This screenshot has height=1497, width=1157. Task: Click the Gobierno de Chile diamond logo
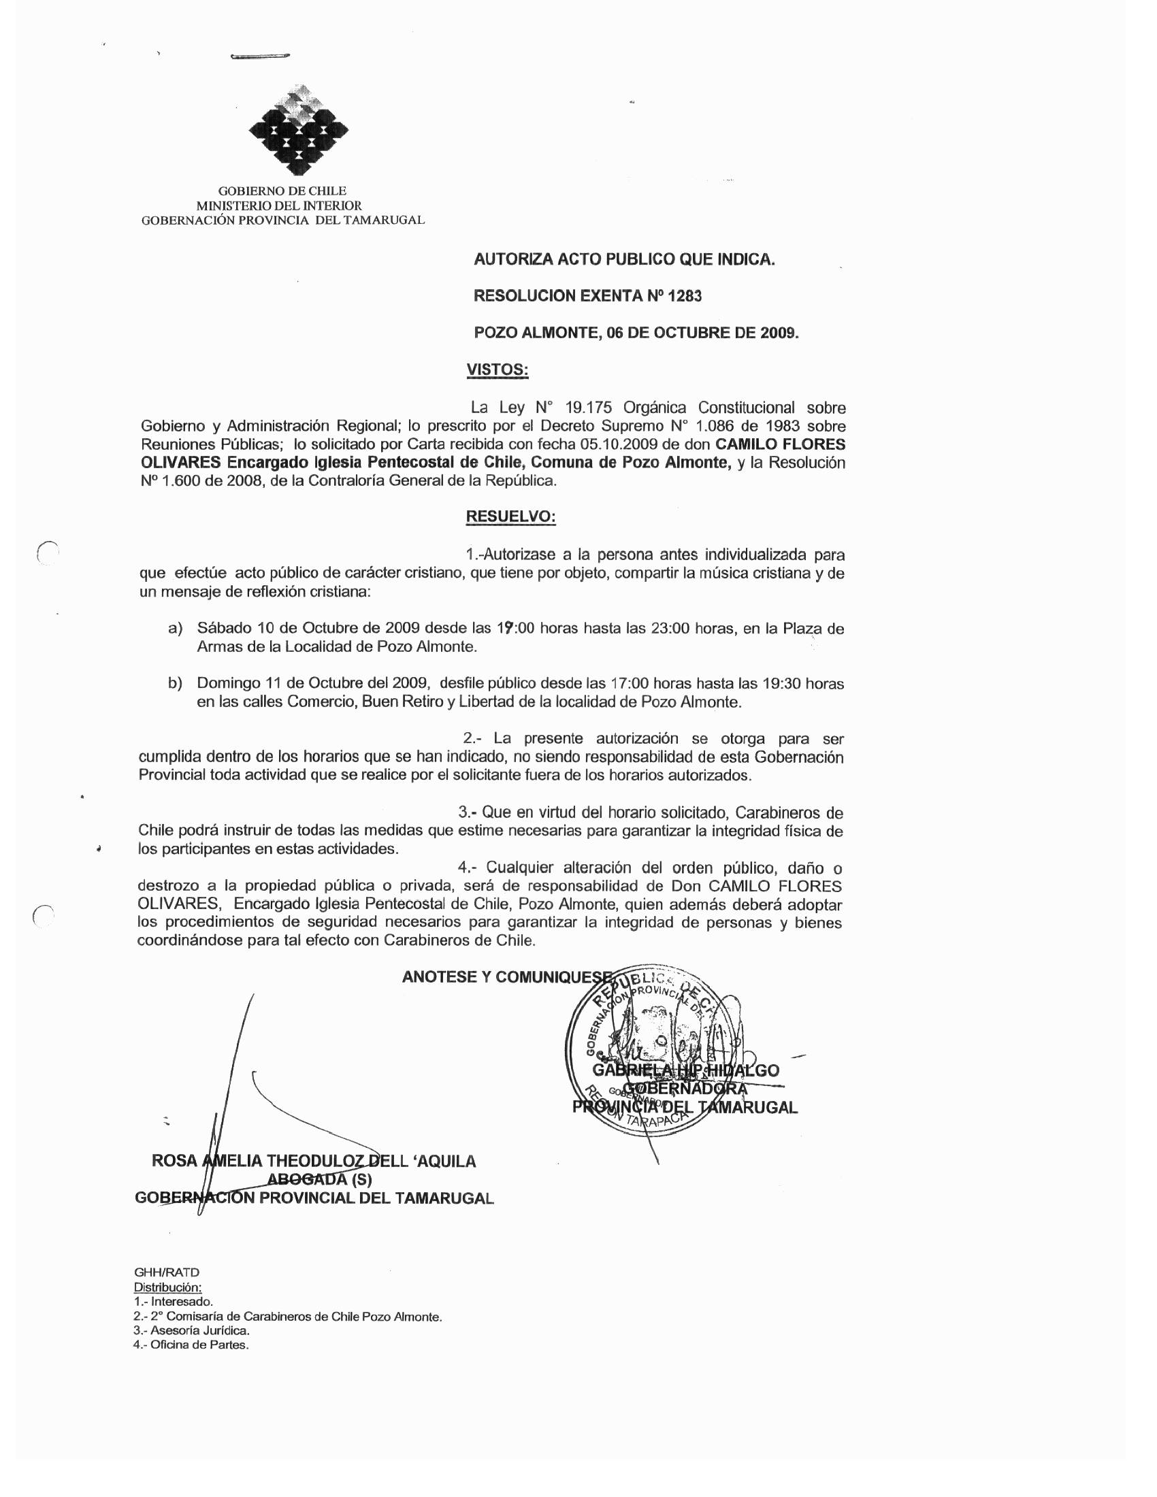pos(297,129)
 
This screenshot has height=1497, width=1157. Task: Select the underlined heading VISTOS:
pos(497,369)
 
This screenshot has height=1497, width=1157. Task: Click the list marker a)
pos(176,629)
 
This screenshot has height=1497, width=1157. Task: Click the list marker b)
pos(176,684)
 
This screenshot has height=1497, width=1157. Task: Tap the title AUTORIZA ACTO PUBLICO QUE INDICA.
pos(624,260)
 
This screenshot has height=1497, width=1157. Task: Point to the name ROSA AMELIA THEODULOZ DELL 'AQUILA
pos(314,1161)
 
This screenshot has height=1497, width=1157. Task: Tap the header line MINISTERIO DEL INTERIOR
pos(279,205)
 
